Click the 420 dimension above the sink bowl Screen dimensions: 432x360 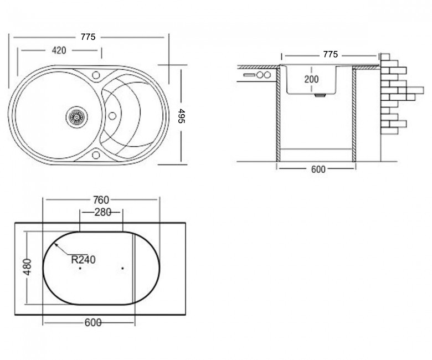tap(59, 50)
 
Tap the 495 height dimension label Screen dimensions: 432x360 tap(181, 116)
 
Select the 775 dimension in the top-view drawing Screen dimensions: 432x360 tap(88, 37)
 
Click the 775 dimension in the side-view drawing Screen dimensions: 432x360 tap(330, 54)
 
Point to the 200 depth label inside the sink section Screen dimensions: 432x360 tap(311, 79)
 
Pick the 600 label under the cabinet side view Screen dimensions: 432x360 tap(318, 169)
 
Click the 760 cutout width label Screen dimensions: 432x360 tap(101, 200)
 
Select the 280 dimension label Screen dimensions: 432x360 tap(103, 212)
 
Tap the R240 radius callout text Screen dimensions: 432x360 tap(83, 259)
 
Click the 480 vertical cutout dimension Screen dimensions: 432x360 tap(28, 266)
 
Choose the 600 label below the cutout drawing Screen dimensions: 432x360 tap(93, 322)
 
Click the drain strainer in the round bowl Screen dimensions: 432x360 tap(77, 117)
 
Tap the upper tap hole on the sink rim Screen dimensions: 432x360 tap(96, 75)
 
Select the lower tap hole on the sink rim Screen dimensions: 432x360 tap(96, 155)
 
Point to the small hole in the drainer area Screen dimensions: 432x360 tap(112, 116)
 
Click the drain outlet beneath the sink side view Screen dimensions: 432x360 tap(320, 95)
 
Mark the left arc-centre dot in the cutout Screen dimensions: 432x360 tap(80, 268)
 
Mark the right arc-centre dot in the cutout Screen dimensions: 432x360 tap(122, 268)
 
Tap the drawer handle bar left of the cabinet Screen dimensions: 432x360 tap(249, 75)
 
